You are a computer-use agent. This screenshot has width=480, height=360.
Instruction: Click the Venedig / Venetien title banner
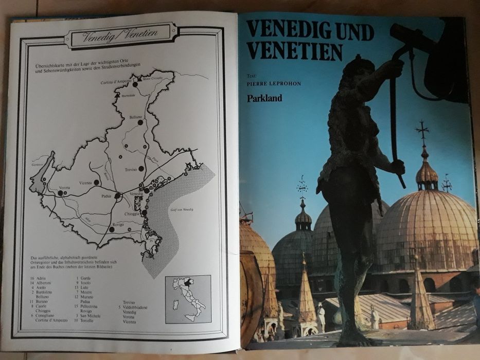click(121, 36)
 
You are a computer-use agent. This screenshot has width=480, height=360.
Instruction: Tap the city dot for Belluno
click(139, 122)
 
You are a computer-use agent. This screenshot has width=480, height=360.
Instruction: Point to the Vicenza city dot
click(96, 182)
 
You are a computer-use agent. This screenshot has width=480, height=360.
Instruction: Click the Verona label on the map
click(64, 188)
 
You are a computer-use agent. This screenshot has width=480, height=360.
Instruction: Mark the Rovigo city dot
click(112, 229)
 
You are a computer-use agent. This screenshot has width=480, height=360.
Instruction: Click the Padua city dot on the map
click(118, 195)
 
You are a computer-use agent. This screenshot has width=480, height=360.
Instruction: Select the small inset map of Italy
click(188, 299)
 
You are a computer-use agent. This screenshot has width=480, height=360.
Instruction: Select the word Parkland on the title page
click(264, 98)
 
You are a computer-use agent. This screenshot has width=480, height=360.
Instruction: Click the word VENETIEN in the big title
click(294, 52)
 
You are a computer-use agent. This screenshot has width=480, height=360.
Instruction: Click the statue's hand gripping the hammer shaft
click(397, 167)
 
